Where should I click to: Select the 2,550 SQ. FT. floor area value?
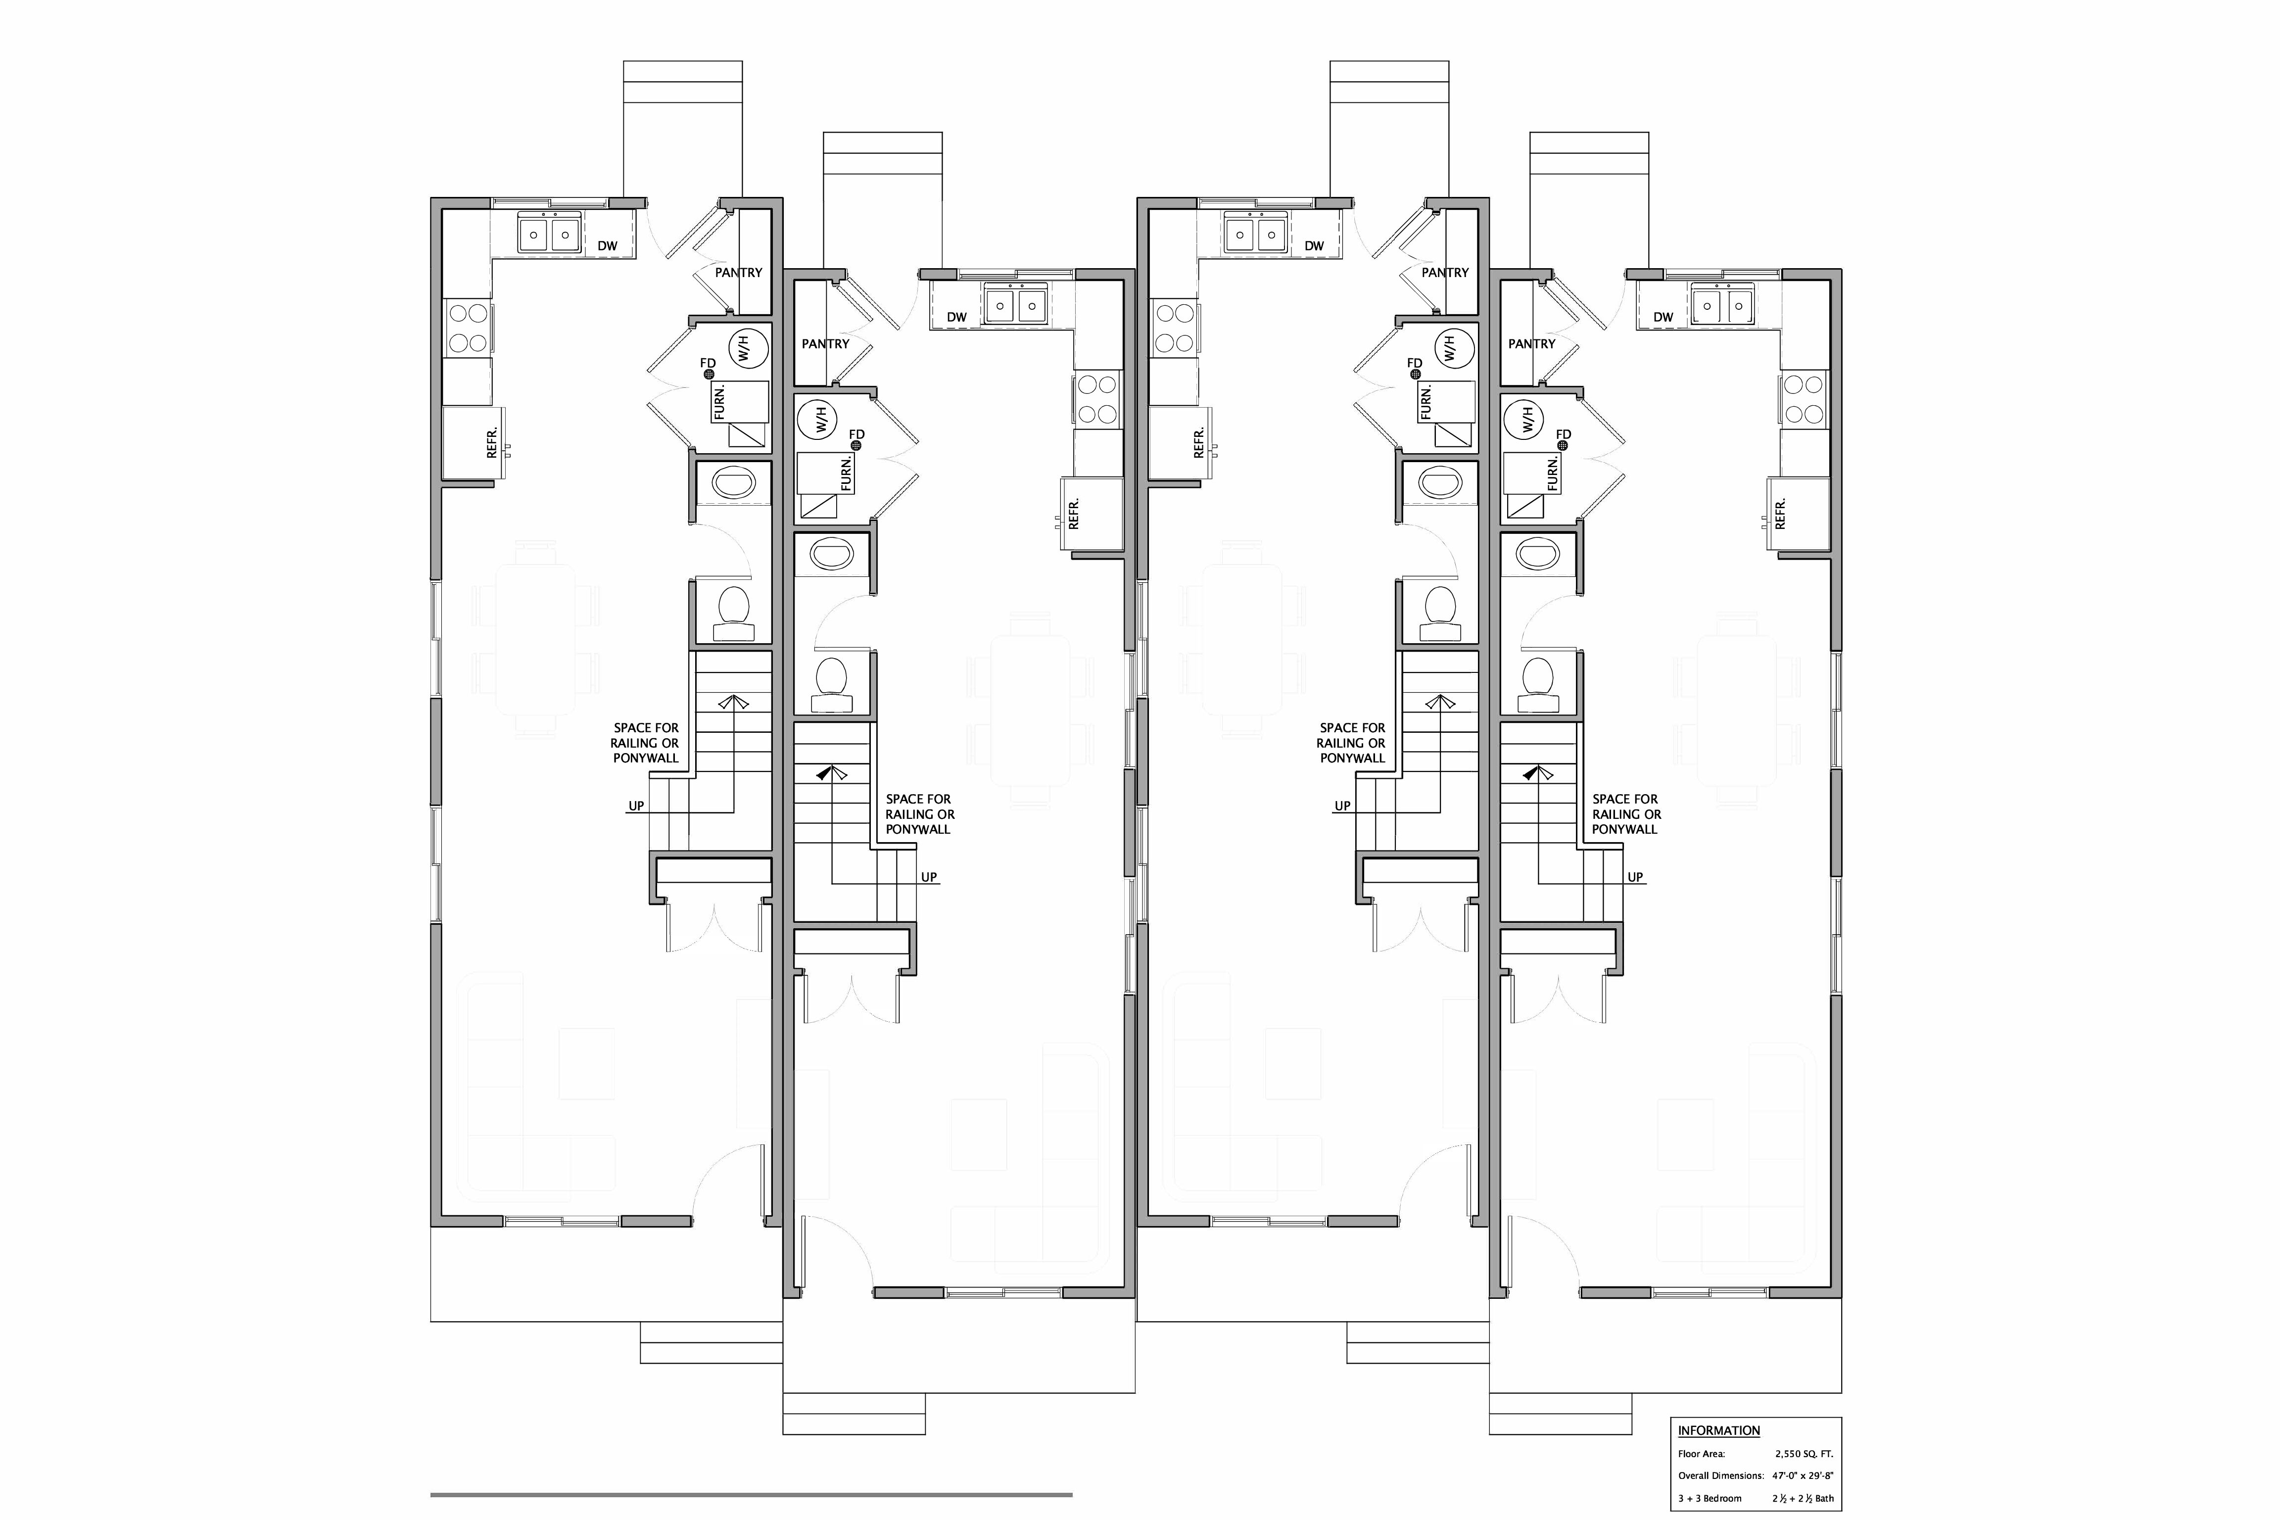[x=1804, y=1454]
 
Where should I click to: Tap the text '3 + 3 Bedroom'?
[x=1710, y=1499]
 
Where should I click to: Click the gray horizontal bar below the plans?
[x=751, y=1495]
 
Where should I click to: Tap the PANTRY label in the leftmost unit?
[x=739, y=273]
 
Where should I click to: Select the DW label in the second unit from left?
[x=957, y=317]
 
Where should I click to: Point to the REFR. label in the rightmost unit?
[x=1780, y=514]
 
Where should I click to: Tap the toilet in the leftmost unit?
[x=734, y=613]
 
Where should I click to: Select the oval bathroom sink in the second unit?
[x=834, y=555]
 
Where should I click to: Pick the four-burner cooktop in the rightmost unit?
[x=1803, y=398]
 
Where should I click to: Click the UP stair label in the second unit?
[x=929, y=877]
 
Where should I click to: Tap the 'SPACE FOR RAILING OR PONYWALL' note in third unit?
[x=1352, y=743]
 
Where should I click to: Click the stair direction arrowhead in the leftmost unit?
[x=734, y=702]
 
